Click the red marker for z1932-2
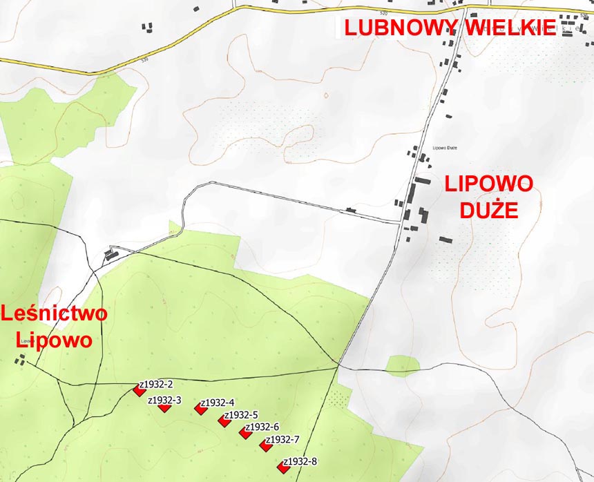tap(140, 391)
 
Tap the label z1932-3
tap(164, 400)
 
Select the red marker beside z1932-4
tap(200, 409)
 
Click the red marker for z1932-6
tap(245, 432)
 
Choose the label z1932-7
tap(282, 440)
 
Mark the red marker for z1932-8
tap(282, 467)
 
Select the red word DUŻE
tap(489, 210)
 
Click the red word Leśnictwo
tap(55, 314)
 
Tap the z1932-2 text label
tap(156, 384)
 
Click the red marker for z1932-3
tap(164, 407)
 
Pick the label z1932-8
tap(300, 461)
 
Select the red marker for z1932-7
tap(265, 446)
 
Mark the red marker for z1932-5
tap(224, 421)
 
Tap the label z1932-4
tap(218, 403)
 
